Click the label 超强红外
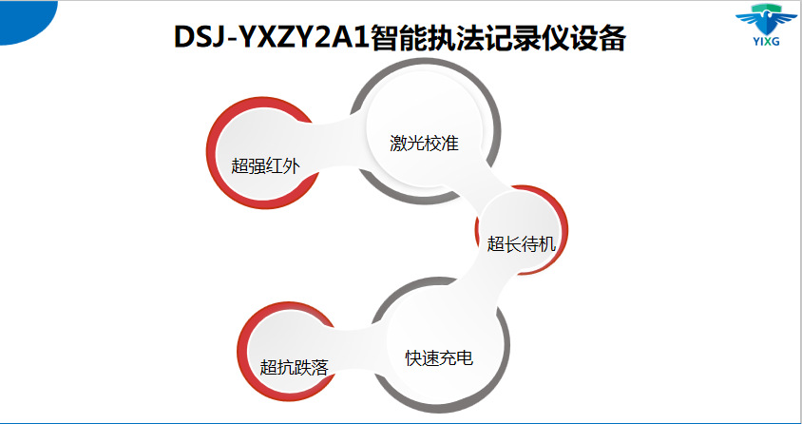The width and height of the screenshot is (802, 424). [265, 166]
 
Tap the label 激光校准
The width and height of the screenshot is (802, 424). [424, 144]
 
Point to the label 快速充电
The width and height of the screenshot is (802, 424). [439, 358]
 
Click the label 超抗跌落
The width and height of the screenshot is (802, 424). [294, 367]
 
